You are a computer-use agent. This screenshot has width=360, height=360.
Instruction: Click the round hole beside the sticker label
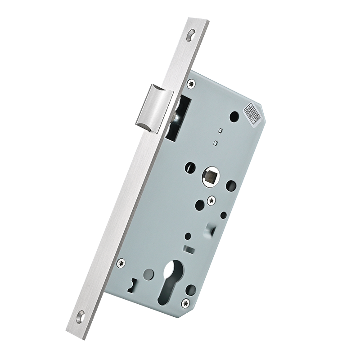[233, 116]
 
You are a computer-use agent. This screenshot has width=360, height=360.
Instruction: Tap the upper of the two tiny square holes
[219, 130]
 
